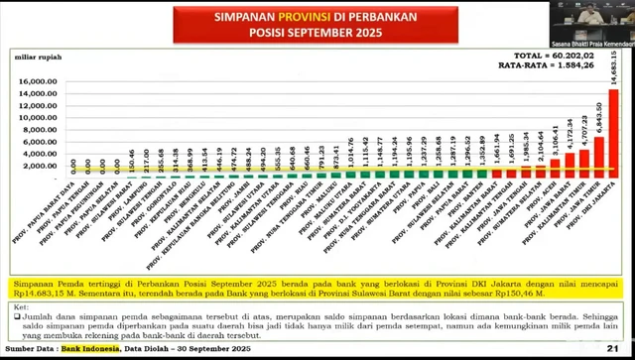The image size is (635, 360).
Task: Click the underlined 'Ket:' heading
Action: click(x=21, y=308)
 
